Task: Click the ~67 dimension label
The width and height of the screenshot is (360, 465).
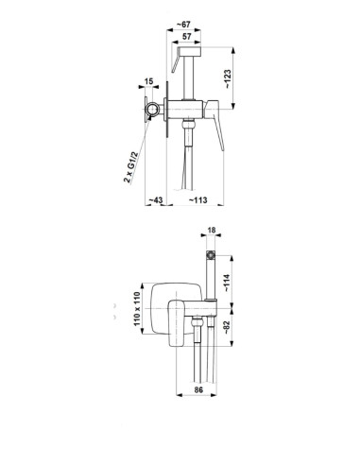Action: [x=183, y=25]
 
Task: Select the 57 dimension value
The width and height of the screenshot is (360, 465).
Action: [x=187, y=36]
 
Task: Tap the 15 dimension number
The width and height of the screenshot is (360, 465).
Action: [x=149, y=81]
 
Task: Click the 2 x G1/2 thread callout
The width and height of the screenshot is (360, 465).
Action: [x=130, y=167]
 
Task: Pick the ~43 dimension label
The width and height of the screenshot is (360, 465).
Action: [x=156, y=199]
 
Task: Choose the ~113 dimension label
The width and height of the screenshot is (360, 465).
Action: [x=198, y=199]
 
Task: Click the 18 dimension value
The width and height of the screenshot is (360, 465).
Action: [x=212, y=230]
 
